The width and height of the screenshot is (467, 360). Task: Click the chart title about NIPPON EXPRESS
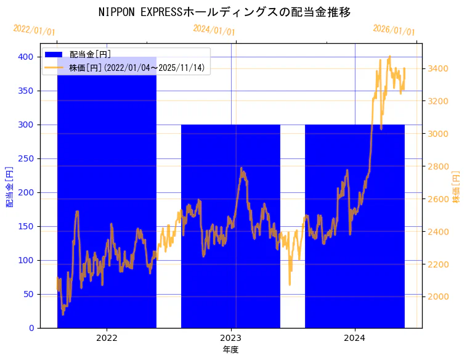pyautogui.click(x=224, y=12)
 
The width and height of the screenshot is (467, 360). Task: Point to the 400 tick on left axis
pyautogui.click(x=26, y=57)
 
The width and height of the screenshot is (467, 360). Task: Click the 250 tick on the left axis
pyautogui.click(x=26, y=158)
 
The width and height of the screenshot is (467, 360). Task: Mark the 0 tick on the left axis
pyautogui.click(x=31, y=328)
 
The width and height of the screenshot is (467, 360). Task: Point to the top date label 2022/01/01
pyautogui.click(x=34, y=30)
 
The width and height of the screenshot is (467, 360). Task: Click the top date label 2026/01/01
pyautogui.click(x=394, y=30)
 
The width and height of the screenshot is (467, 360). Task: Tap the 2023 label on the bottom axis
pyautogui.click(x=230, y=338)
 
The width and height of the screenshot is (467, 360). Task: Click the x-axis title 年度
pyautogui.click(x=230, y=350)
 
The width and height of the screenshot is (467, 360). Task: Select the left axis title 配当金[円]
pyautogui.click(x=9, y=186)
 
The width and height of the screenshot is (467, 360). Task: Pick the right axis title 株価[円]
pyautogui.click(x=457, y=186)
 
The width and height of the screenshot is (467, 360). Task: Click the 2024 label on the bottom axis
pyautogui.click(x=354, y=338)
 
